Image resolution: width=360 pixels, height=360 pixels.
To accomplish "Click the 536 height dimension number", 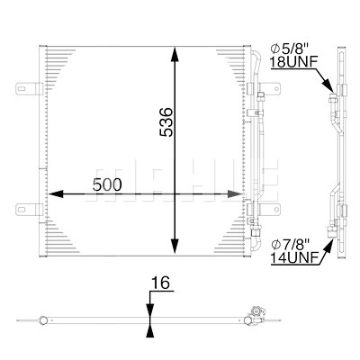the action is click(166, 122).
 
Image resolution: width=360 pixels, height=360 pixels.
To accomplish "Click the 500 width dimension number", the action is click(107, 184).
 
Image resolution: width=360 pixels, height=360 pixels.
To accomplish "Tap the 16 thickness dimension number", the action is click(160, 283).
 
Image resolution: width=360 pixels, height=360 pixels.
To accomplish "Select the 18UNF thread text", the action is click(293, 62).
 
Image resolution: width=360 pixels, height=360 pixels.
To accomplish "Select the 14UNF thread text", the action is click(294, 257).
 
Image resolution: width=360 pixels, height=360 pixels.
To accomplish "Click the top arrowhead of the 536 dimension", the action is click(175, 54).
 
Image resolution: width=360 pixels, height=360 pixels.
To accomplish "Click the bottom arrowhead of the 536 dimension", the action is click(175, 247).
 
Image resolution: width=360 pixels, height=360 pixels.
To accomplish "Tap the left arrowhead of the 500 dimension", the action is click(56, 193).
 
